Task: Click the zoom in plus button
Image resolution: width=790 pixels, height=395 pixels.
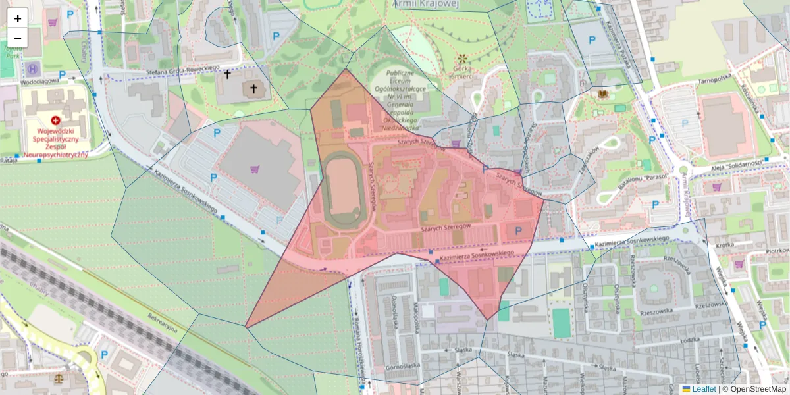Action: (x=18, y=18)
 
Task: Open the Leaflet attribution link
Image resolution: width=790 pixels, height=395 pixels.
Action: (x=704, y=389)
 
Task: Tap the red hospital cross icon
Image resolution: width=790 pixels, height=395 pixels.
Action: (x=55, y=120)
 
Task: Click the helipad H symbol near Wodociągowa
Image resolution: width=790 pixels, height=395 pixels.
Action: (x=32, y=68)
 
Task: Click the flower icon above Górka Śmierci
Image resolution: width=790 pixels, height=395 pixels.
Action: (x=463, y=59)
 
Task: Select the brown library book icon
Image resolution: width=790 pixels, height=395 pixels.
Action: (x=602, y=94)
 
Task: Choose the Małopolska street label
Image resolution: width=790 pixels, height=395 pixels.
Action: (x=416, y=313)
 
